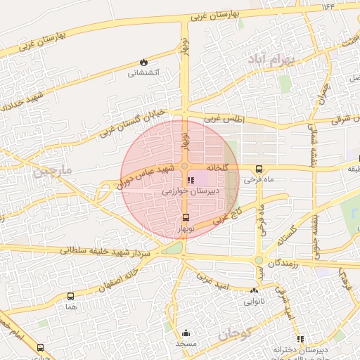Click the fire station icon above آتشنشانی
(x=144, y=63)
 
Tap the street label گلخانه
(x=217, y=167)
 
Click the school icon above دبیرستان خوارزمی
(x=191, y=180)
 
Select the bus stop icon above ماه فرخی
(x=259, y=169)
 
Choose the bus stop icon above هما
(x=70, y=297)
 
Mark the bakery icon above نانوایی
(x=254, y=290)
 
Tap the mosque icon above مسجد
(x=186, y=333)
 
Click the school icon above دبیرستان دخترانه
(x=300, y=339)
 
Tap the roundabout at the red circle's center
(x=184, y=167)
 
